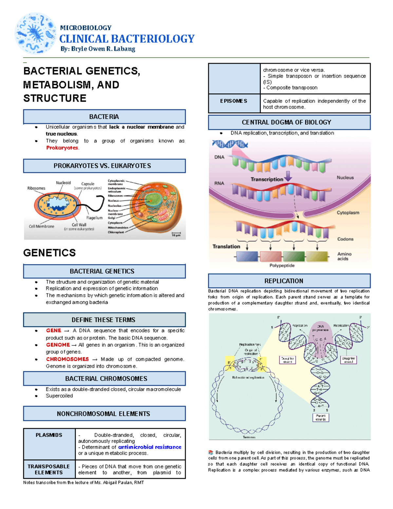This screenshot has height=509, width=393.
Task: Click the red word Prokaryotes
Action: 62,148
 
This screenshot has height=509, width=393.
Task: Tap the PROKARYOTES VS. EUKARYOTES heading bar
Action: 104,166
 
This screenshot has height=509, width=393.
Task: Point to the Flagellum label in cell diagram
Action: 94,218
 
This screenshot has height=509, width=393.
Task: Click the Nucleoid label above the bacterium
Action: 63,183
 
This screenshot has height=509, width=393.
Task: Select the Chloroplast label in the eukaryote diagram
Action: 116,232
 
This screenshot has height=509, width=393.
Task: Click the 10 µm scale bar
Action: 176,234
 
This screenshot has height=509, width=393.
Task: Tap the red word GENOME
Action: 58,345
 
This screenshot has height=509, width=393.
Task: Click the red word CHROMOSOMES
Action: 67,359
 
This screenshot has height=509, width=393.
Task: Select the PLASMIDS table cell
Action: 49,443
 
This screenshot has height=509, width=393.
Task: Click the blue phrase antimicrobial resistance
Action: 149,447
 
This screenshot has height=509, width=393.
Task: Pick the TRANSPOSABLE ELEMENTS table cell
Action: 49,469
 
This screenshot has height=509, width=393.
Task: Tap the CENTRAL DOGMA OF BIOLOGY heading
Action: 289,122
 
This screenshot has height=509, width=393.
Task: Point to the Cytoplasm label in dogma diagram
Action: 348,213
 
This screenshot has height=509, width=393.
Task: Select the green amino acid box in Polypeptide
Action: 294,256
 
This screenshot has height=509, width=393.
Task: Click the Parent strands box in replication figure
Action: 320,417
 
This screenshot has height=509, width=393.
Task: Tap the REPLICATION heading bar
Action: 289,281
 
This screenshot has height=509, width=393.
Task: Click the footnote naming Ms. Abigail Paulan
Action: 84,482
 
